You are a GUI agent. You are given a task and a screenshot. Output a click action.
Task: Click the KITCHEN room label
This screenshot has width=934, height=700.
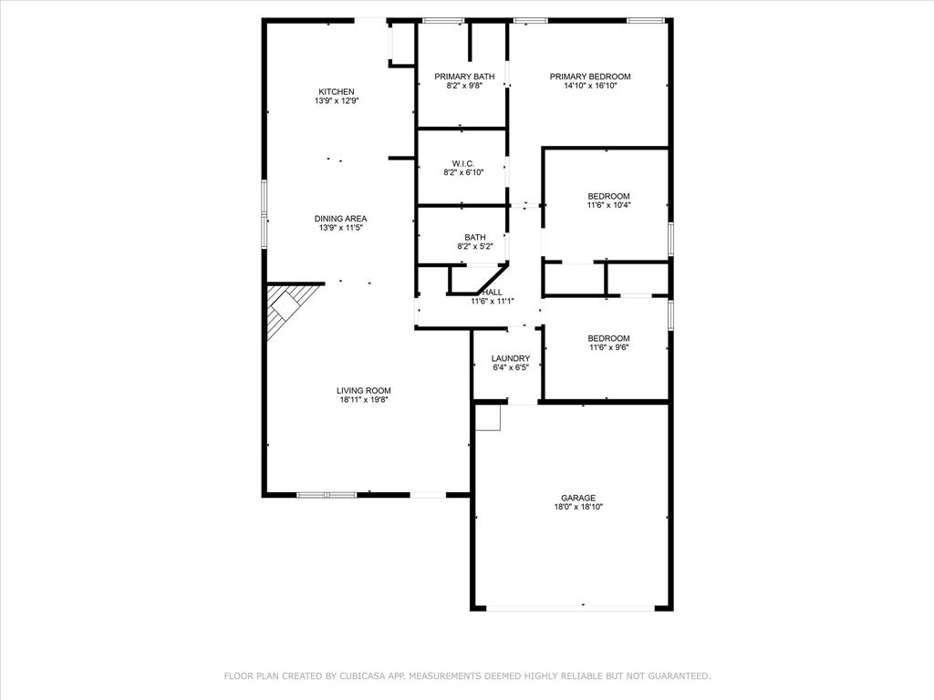coord(336,91)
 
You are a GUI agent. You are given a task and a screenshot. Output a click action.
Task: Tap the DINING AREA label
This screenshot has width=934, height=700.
coord(340,218)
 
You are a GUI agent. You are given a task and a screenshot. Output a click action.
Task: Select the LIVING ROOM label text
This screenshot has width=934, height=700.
coord(365,390)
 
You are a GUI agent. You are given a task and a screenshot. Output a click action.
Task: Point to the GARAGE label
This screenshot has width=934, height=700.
coord(578,498)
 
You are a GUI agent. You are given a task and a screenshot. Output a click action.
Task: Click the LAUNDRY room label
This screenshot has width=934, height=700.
coord(510,358)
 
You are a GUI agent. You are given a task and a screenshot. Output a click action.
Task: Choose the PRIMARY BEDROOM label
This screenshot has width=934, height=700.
coord(589,77)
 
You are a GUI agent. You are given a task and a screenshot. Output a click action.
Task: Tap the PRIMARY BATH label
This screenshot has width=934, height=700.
coord(464,77)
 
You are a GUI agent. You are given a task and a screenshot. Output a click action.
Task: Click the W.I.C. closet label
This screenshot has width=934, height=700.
coord(463,163)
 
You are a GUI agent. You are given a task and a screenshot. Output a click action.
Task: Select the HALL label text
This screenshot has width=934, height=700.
coord(493,292)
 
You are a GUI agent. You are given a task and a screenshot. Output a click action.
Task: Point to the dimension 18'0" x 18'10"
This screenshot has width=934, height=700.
coord(578,507)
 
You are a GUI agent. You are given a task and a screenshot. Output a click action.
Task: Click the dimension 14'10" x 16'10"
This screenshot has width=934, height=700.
coord(589,86)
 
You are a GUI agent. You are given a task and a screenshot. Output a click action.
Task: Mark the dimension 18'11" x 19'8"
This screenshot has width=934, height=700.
coord(365,399)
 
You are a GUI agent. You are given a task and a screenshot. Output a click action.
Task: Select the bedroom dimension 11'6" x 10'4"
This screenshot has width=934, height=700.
coord(608,205)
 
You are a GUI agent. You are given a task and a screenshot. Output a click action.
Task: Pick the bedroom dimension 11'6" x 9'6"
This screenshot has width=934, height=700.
coord(608,347)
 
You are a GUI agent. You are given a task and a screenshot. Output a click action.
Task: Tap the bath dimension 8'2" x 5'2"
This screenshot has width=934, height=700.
coord(474,246)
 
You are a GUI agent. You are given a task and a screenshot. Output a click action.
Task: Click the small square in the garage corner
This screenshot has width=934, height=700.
coord(489,417)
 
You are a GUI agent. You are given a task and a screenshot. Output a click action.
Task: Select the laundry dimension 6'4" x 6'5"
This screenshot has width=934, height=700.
coord(510,367)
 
